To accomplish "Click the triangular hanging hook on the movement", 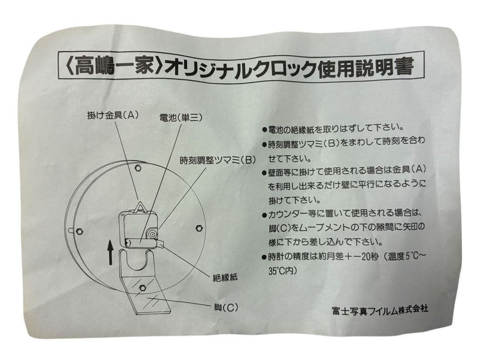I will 141,207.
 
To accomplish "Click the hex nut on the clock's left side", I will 80,230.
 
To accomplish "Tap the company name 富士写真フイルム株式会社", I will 380,309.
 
